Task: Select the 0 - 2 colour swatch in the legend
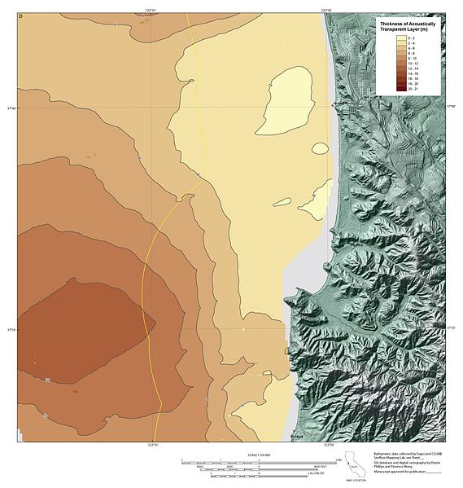tap(400, 38)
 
